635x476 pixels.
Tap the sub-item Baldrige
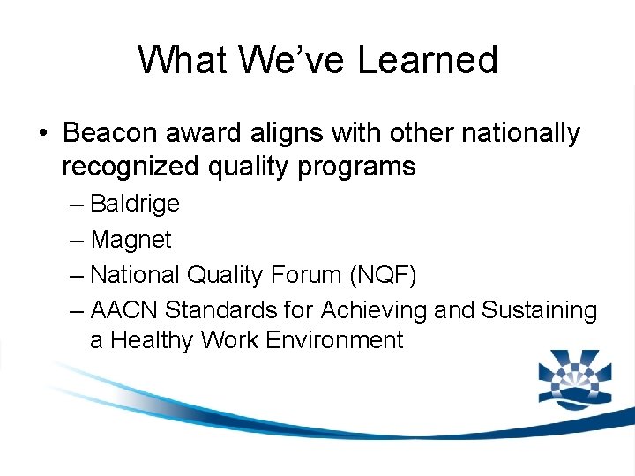tap(135, 204)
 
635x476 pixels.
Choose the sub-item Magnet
tap(131, 239)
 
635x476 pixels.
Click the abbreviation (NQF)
tap(383, 275)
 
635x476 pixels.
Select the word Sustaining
tap(539, 310)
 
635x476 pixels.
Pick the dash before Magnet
tap(77, 240)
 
